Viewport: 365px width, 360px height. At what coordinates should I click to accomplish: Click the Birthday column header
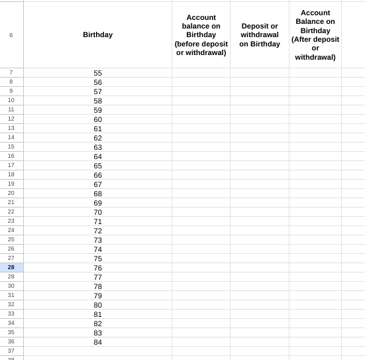[97, 34]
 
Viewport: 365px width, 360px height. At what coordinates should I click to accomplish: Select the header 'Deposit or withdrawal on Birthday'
[260, 35]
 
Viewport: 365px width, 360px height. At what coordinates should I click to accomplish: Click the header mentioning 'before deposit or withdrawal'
[201, 35]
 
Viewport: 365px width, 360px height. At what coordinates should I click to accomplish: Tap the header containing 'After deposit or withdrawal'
[315, 35]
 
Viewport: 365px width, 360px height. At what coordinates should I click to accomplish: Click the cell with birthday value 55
[97, 73]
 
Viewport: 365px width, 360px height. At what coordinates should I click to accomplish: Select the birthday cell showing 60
[97, 119]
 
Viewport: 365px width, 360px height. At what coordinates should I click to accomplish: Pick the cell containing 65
[97, 166]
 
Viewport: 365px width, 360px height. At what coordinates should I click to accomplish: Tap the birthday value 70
[97, 212]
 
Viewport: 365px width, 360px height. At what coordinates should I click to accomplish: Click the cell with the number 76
[97, 268]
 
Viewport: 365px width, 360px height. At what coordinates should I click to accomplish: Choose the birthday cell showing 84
[97, 342]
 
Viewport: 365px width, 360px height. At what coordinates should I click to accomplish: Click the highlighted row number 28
[11, 267]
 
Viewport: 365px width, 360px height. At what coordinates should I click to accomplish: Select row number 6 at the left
[11, 35]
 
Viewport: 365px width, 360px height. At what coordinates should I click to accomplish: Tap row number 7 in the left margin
[11, 72]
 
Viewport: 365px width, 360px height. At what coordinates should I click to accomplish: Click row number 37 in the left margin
[11, 351]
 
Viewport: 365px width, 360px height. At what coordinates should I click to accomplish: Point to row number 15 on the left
[11, 147]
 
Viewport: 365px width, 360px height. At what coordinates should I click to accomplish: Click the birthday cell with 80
[97, 305]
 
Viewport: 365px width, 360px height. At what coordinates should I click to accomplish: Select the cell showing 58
[97, 101]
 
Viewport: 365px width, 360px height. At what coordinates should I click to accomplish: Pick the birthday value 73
[97, 240]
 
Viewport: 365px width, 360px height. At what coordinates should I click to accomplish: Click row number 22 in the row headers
[11, 211]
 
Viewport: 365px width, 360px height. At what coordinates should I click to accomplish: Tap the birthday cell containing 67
[97, 184]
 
